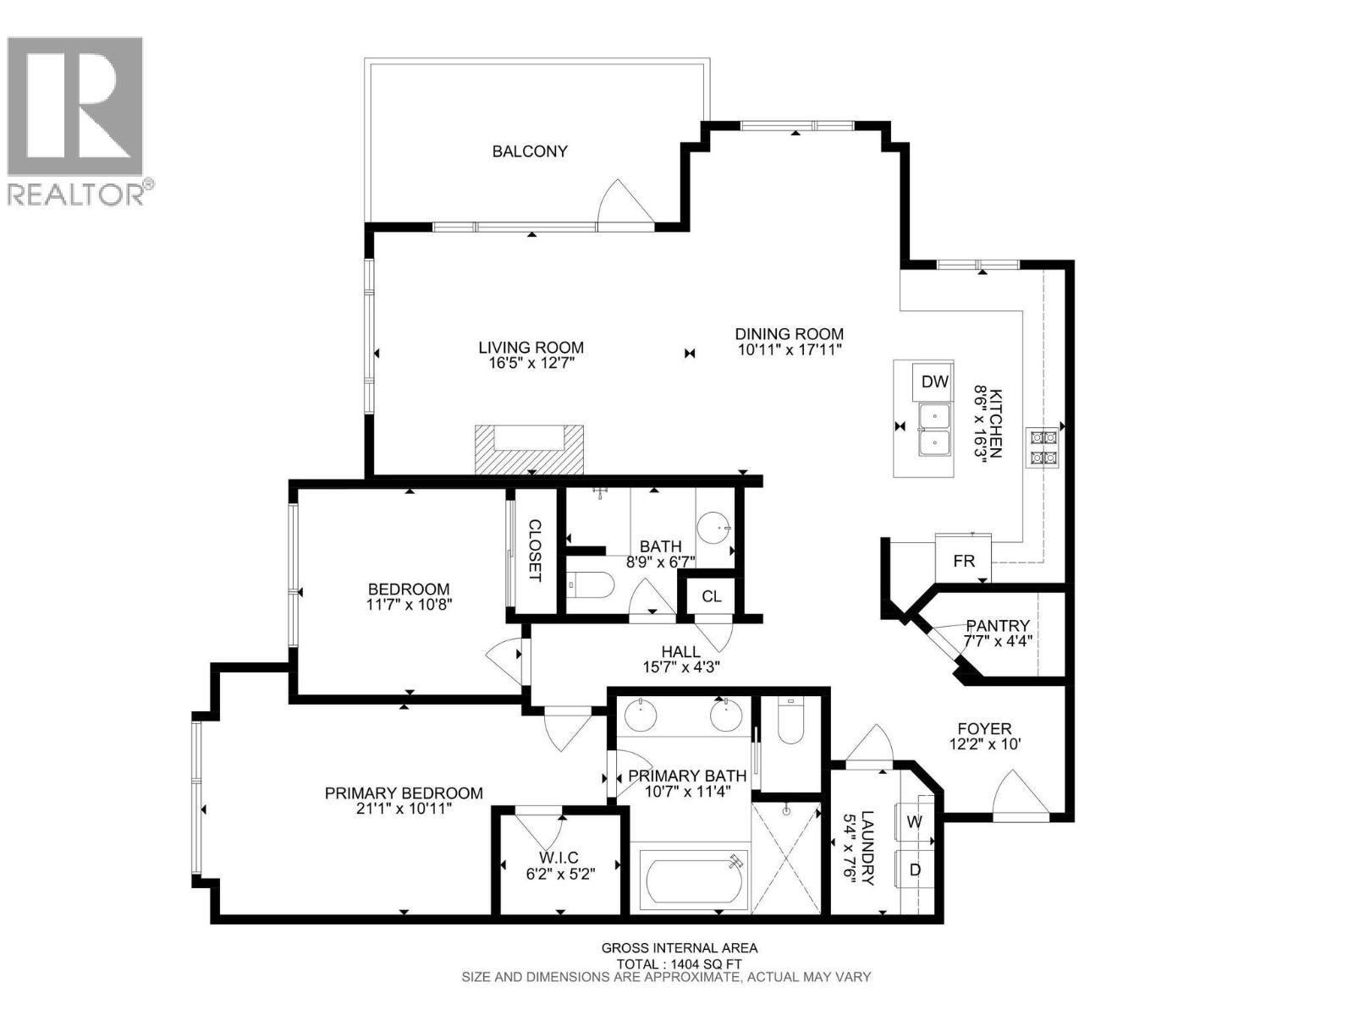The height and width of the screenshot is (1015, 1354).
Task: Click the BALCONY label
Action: [530, 151]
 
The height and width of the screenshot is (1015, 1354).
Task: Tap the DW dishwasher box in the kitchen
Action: [934, 381]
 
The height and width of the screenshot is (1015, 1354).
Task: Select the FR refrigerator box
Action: [963, 561]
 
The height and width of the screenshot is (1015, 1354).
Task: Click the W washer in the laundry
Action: [914, 821]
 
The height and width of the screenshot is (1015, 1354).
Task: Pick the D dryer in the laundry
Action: [914, 870]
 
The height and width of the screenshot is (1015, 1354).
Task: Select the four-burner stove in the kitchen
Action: [1042, 447]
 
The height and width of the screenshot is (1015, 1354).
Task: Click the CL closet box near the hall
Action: [711, 596]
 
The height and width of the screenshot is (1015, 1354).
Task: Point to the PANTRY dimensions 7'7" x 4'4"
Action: [998, 641]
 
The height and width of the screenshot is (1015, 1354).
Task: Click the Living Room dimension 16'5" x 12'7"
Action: [531, 363]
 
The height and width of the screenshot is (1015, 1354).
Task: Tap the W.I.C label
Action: [559, 857]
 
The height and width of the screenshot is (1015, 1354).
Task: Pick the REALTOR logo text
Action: [78, 193]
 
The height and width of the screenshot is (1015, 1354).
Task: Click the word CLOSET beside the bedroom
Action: [535, 551]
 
